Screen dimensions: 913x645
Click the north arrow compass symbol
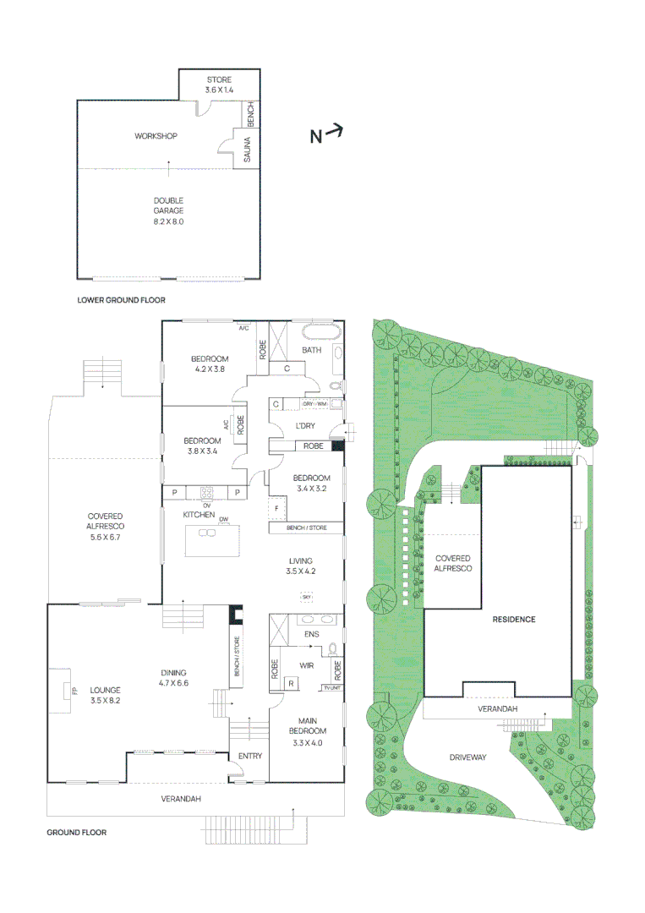click(x=325, y=134)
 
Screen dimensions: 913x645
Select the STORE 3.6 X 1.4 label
click(x=218, y=85)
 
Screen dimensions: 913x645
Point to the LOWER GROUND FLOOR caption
click(x=121, y=300)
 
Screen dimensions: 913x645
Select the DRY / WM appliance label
click(x=315, y=403)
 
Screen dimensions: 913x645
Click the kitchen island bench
click(x=212, y=540)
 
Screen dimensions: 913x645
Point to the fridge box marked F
click(x=276, y=508)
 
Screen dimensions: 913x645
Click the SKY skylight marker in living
click(x=305, y=598)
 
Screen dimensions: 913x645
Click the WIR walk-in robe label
click(x=307, y=665)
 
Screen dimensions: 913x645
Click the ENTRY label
click(x=249, y=756)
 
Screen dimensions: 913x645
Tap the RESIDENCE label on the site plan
click(x=514, y=620)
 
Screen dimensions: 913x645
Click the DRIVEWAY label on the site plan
click(x=467, y=757)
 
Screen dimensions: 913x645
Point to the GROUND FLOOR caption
click(x=76, y=833)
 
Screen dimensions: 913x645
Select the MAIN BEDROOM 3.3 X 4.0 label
click(x=307, y=730)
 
